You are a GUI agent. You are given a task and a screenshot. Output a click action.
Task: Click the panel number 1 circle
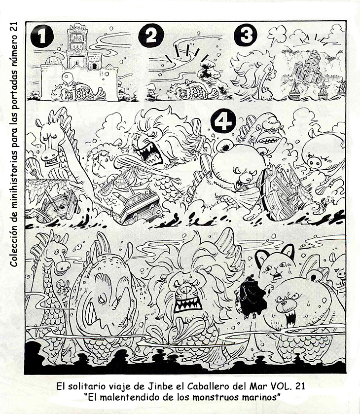coord(42,36)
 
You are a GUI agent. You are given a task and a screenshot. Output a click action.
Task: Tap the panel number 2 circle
coord(151,36)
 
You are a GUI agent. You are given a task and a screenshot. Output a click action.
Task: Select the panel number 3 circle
coord(245,35)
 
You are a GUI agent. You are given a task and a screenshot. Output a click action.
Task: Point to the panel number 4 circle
coord(223,121)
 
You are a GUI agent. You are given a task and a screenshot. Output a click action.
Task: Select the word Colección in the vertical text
coord(14,247)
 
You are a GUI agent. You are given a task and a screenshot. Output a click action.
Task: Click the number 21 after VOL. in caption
coord(299,386)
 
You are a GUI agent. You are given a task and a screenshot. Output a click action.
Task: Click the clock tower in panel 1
coord(77,45)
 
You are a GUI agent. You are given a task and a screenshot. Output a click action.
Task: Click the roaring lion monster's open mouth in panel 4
coord(149,155)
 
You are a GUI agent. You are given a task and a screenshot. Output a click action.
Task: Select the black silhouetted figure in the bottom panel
coord(251,297)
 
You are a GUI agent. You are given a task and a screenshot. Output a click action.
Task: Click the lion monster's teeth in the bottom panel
coord(187,304)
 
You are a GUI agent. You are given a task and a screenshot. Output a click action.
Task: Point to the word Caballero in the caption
coord(207,386)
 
